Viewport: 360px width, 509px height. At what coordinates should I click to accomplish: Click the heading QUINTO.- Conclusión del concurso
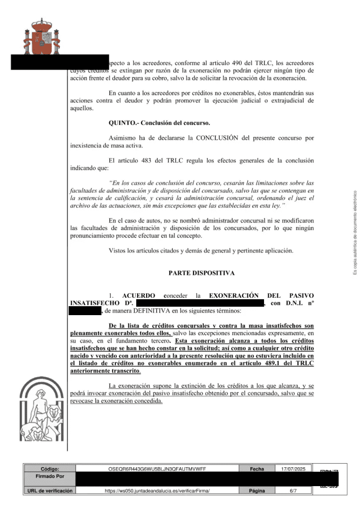tap(159, 123)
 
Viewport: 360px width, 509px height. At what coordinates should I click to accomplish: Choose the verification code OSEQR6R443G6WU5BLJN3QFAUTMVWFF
tap(157, 468)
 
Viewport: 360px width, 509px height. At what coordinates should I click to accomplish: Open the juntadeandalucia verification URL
tap(157, 491)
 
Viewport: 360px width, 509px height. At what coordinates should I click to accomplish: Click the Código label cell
tap(50, 468)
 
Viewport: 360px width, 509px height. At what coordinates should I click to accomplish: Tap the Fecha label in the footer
tap(257, 468)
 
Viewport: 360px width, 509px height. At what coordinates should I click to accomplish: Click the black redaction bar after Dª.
tap(199, 303)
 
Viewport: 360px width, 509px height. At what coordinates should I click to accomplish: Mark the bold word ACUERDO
tap(139, 296)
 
